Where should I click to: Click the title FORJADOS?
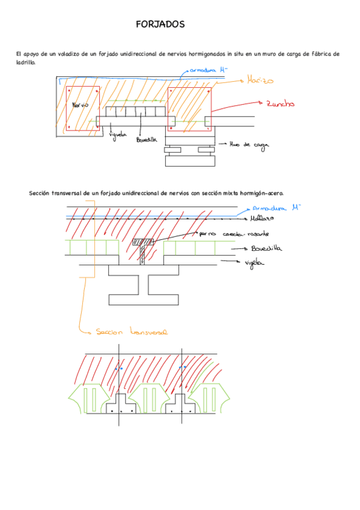[x=160, y=25]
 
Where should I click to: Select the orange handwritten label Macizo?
[x=260, y=80]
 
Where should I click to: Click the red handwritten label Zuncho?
[x=280, y=103]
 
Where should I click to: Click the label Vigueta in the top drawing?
[x=118, y=135]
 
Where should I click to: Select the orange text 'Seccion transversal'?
[x=131, y=331]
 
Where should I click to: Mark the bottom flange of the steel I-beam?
[x=142, y=299]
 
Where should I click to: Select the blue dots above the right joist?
[x=184, y=367]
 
